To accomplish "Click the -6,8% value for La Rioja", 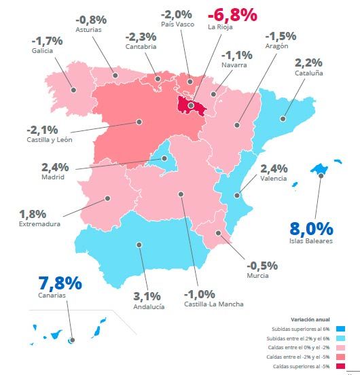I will pyautogui.click(x=232, y=14).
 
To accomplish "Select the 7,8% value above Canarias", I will pyautogui.click(x=60, y=283).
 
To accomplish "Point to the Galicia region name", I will pyautogui.click(x=42, y=51).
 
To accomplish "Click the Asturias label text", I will pyautogui.click(x=88, y=31).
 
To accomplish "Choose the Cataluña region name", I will pyautogui.click(x=309, y=73).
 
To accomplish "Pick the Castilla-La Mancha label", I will pyautogui.click(x=213, y=304).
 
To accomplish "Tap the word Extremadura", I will pyautogui.click(x=39, y=224).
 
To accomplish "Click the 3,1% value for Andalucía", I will pyautogui.click(x=147, y=296).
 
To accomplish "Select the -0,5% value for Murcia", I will pyautogui.click(x=262, y=265).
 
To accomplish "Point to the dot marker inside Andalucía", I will pyautogui.click(x=139, y=245).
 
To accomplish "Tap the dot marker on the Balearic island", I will pyautogui.click(x=321, y=175).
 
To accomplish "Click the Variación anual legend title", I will pyautogui.click(x=310, y=319).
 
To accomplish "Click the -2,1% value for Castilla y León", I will pyautogui.click(x=41, y=129).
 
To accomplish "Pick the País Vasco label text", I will pyautogui.click(x=177, y=24).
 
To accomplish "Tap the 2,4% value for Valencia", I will pyautogui.click(x=274, y=168).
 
